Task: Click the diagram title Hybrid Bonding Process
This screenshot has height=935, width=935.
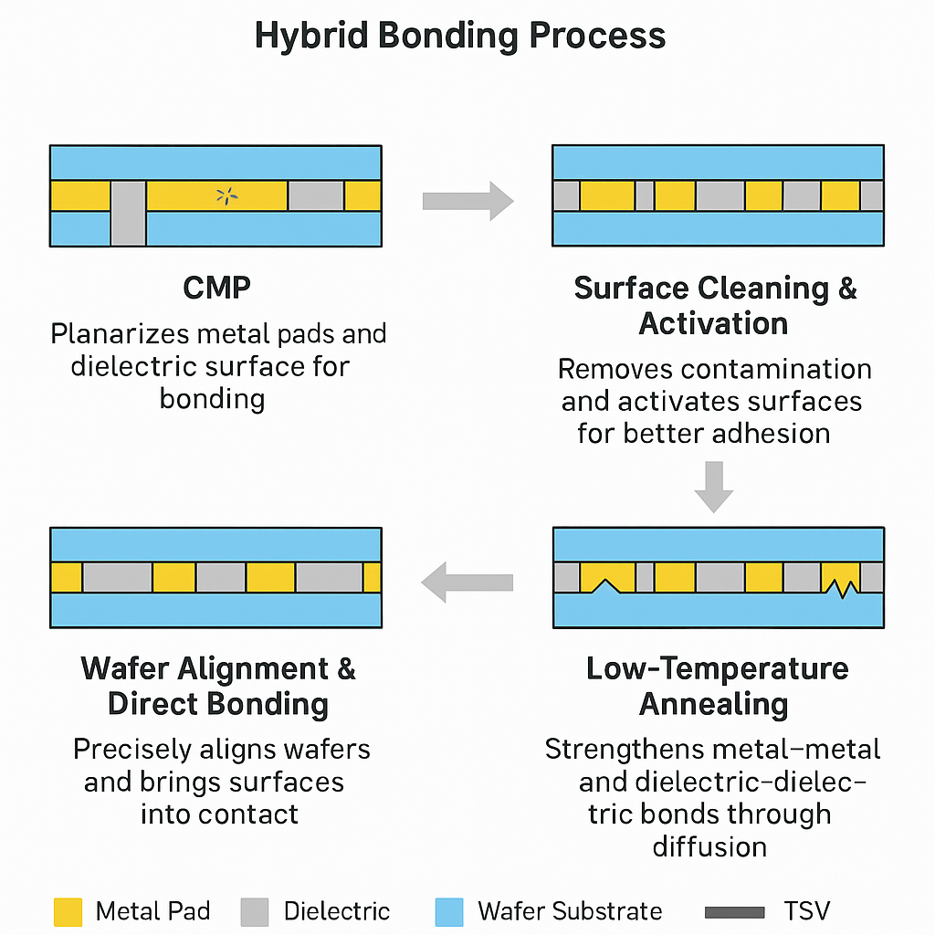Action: [459, 37]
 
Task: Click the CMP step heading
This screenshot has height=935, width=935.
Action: [216, 288]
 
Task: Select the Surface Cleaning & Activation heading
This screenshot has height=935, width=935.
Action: [715, 305]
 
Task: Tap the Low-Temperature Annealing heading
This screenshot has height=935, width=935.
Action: [717, 686]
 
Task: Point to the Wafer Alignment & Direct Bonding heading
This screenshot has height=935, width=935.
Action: [218, 686]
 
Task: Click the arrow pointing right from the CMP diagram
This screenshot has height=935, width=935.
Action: [467, 201]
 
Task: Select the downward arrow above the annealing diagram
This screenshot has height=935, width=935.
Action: [713, 487]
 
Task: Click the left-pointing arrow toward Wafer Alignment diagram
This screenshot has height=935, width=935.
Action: [467, 582]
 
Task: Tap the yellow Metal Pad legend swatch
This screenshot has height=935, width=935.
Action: [68, 911]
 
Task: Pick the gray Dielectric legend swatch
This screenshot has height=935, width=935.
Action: [255, 911]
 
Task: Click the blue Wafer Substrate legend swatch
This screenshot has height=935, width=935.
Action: [450, 911]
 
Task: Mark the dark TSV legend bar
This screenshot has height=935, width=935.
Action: [735, 911]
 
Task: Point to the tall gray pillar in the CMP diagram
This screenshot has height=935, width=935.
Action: [128, 213]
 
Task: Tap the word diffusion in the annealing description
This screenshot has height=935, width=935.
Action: [709, 846]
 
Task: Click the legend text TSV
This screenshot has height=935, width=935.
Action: [807, 911]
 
